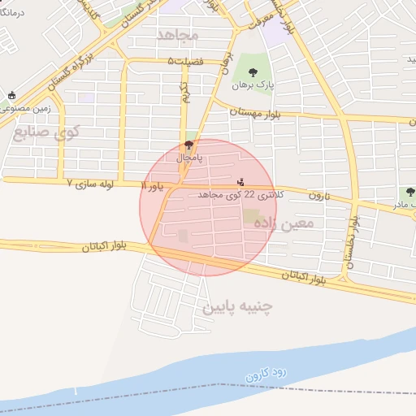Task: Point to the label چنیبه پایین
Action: (238, 306)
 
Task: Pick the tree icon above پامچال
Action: (189, 145)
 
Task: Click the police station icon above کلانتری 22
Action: (240, 181)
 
